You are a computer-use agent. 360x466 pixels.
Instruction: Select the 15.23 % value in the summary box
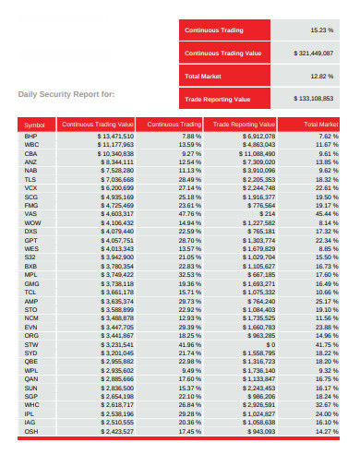pyautogui.click(x=321, y=30)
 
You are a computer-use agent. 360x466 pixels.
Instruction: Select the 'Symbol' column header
pyautogui.click(x=34, y=124)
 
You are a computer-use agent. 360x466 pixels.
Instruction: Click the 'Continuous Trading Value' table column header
pyautogui.click(x=97, y=124)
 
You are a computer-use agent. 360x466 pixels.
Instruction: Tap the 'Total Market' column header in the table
pyautogui.click(x=321, y=124)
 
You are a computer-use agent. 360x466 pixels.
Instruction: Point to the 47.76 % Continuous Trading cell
pyautogui.click(x=189, y=214)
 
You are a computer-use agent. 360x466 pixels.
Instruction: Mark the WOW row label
pyautogui.click(x=31, y=222)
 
